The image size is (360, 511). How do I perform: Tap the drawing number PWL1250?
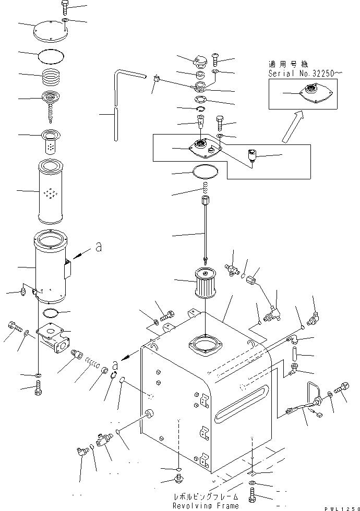pos(341,507)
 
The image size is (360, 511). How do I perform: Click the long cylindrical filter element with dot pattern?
pos(51,191)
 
